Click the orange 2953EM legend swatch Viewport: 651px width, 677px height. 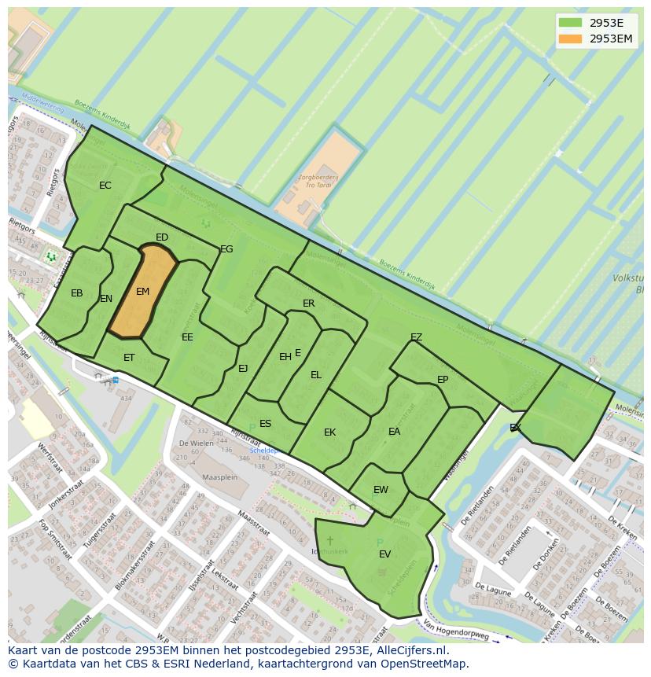[x=571, y=39]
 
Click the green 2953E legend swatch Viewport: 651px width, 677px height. [x=571, y=23]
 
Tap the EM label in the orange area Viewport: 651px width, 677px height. [x=142, y=292]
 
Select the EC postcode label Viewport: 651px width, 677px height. [x=105, y=186]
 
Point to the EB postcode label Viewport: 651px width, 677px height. [x=77, y=293]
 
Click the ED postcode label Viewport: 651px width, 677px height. [x=162, y=237]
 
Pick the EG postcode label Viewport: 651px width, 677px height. [x=226, y=249]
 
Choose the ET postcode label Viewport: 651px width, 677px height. [x=129, y=357]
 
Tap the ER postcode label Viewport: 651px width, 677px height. [x=309, y=304]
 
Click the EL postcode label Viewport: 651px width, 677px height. [x=316, y=375]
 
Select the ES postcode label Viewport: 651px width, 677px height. [x=266, y=424]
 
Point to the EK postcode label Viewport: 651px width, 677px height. [x=330, y=432]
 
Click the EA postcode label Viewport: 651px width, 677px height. [x=395, y=432]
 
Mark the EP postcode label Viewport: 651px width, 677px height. [x=443, y=380]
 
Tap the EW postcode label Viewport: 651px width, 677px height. [x=381, y=490]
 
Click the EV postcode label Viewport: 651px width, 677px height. [x=385, y=554]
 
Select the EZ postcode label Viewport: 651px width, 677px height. [x=417, y=337]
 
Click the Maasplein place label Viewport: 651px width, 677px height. [x=219, y=477]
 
